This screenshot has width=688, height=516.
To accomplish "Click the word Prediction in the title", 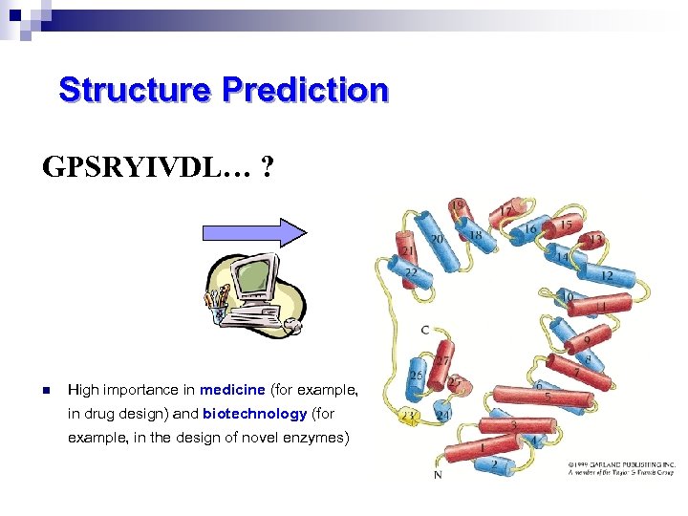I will [x=305, y=91].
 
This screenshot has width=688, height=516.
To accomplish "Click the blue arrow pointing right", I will [x=253, y=232].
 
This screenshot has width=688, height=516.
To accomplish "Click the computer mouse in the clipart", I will [x=293, y=326].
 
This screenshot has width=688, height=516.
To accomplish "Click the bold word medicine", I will [x=233, y=390].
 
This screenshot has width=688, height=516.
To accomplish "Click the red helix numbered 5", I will [x=545, y=394].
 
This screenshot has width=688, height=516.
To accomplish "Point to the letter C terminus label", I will [x=425, y=330].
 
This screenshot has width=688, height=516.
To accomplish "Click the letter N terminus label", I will [x=438, y=475].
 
